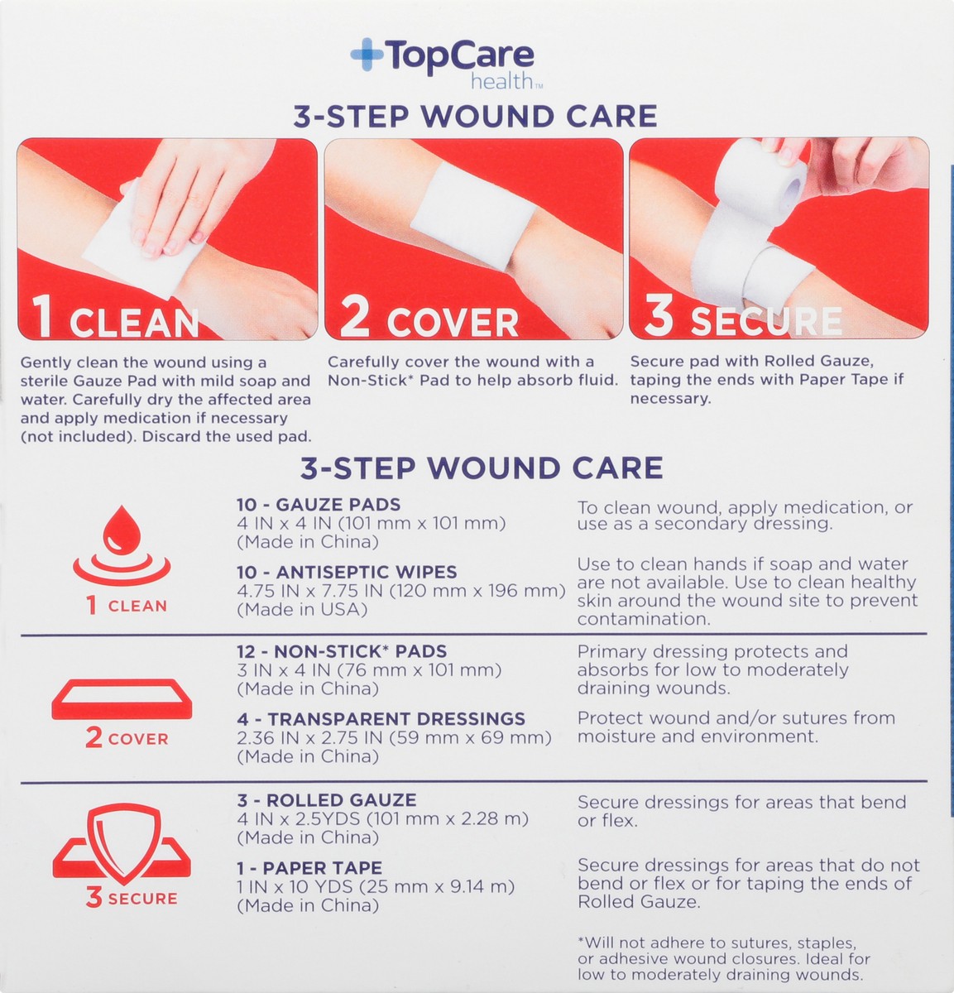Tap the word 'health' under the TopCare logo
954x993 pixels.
(501, 81)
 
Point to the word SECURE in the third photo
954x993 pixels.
(765, 321)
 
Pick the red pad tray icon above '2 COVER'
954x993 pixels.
(122, 699)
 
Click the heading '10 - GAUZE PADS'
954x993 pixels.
(319, 505)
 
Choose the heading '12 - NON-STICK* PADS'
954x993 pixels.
(342, 652)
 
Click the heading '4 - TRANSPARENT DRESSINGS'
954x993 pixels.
(381, 719)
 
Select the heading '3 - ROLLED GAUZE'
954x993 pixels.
(326, 800)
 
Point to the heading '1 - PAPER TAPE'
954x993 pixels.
(309, 868)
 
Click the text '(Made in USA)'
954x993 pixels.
(302, 610)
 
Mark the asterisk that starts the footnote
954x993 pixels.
(581, 941)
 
